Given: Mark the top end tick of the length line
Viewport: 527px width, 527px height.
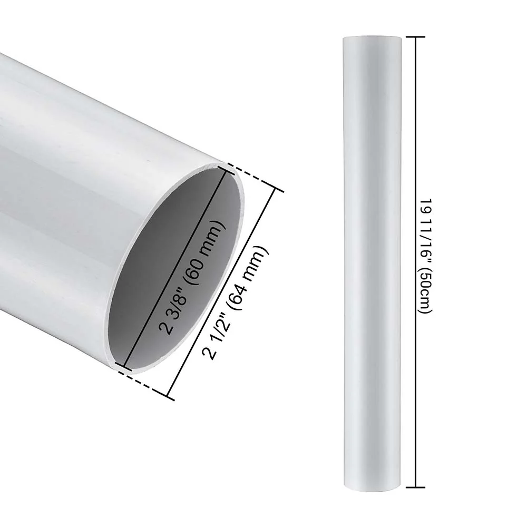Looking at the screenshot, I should tap(416, 37).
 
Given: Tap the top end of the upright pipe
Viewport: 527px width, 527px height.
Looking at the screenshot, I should tap(372, 38).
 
